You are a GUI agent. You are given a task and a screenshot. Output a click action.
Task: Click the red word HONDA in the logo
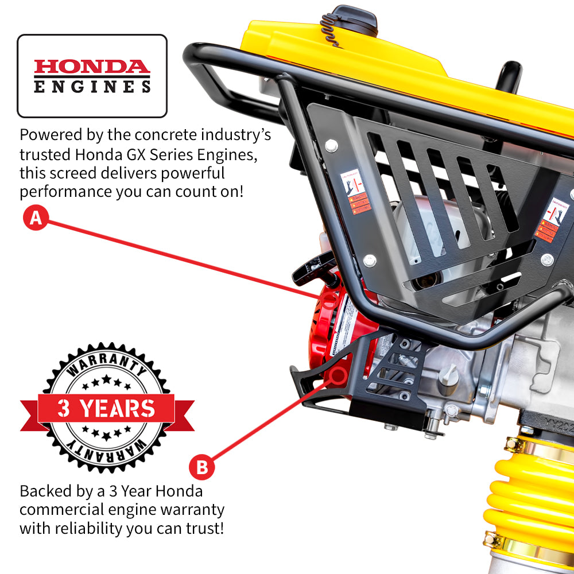[x=92, y=67]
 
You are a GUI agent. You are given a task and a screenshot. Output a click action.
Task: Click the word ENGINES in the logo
[x=92, y=87]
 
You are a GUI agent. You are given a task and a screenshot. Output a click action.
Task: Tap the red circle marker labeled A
[x=36, y=219]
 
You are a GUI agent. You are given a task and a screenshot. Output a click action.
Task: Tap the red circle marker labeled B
[x=201, y=467]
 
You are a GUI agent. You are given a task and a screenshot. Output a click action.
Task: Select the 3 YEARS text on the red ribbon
[x=107, y=408]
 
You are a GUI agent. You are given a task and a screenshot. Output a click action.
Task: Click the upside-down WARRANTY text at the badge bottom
[x=107, y=451]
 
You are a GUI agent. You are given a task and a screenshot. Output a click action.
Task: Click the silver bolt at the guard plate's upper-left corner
[x=331, y=144]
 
